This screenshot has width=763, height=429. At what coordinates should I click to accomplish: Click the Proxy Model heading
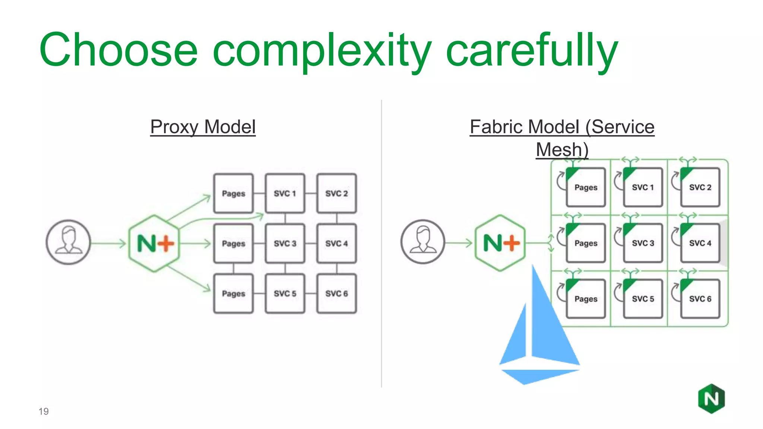pos(203,127)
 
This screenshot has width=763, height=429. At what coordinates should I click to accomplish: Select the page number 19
pos(44,411)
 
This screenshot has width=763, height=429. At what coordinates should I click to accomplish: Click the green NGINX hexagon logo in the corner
pos(711,399)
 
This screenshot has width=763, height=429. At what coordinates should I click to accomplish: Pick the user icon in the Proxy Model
pos(68,242)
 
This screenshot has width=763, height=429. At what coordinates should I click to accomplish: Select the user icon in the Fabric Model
pos(423,242)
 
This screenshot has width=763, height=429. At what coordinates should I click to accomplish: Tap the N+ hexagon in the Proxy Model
pos(154,243)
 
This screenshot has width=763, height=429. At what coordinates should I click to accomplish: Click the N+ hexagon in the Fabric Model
pos(501,243)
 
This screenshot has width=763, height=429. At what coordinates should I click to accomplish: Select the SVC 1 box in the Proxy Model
pos(285,193)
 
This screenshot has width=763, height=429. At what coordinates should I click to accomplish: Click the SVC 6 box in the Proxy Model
pos(336,293)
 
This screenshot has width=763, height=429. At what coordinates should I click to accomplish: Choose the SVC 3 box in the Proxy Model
pos(285,244)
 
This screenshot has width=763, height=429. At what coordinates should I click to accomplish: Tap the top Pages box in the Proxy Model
pos(234,193)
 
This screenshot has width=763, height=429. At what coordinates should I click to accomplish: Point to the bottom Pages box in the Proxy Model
pos(234,293)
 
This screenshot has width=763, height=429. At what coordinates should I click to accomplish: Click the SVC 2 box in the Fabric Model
pos(700,187)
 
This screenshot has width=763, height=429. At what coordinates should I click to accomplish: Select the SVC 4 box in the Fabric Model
pos(700,243)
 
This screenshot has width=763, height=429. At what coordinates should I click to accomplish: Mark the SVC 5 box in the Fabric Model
pos(643,299)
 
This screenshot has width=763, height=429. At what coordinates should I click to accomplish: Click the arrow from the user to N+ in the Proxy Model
pos(108,244)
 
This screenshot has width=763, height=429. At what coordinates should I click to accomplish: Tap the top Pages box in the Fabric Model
pos(586,187)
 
